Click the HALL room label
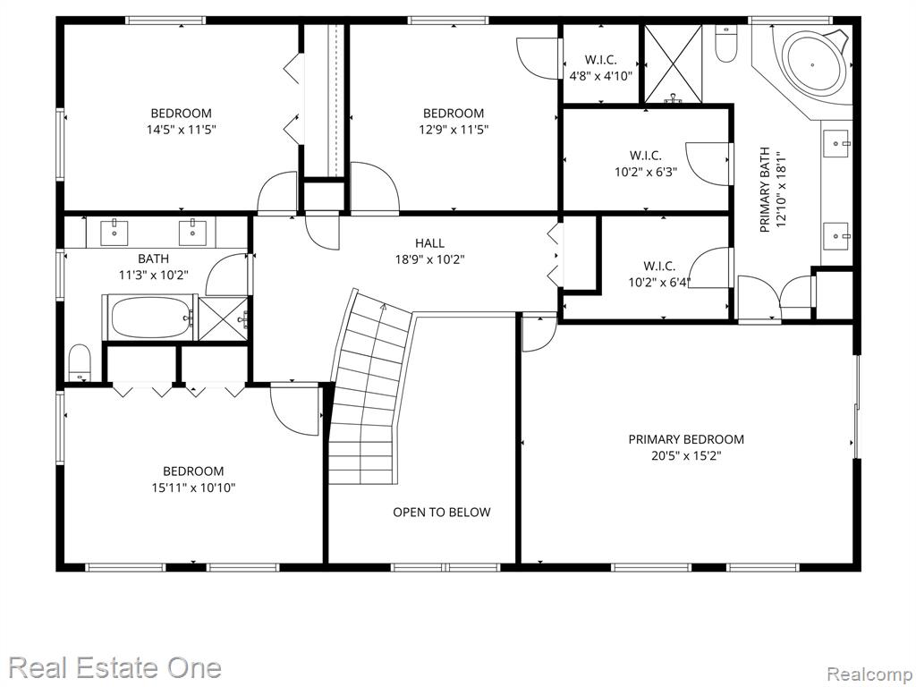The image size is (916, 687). coord(429,243)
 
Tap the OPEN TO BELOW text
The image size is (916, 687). coord(442,513)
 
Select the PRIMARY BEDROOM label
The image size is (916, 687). coord(686,439)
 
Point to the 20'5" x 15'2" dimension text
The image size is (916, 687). coord(686,455)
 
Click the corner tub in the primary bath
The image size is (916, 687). coord(816,64)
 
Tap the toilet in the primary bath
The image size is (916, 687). coord(726,43)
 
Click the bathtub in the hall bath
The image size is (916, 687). coord(149,318)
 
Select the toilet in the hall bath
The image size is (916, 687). coord(80,363)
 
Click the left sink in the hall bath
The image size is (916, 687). coord(114,232)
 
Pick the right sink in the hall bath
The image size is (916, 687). coord(191,232)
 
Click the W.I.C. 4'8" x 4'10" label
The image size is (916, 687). coord(600,68)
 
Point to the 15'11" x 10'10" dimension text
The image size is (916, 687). coord(193,488)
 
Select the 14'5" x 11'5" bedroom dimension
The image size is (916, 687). coord(181,129)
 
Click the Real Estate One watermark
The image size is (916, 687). coord(115,667)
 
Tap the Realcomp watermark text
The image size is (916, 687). coord(869,674)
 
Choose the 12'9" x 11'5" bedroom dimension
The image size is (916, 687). coord(454,129)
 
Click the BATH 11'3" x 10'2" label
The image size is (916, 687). coord(154,267)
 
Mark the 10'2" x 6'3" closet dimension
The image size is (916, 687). coord(646,172)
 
